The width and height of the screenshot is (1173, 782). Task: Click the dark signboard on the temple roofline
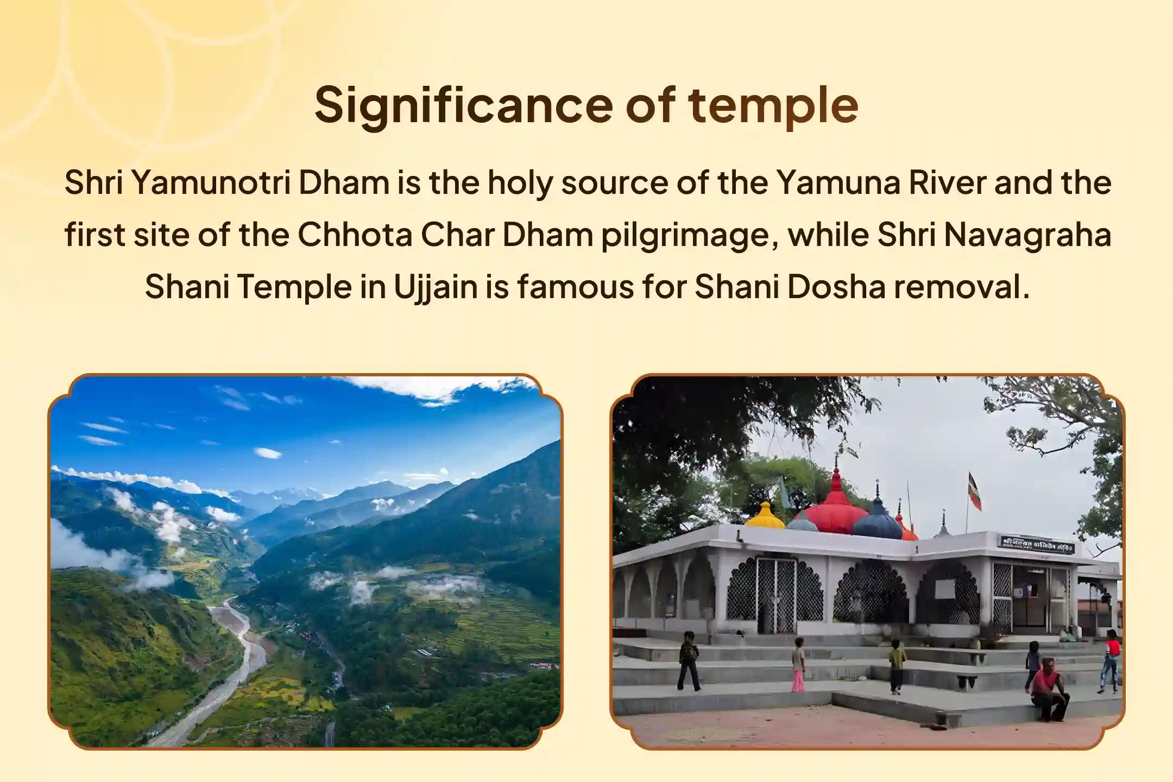point(1036,544)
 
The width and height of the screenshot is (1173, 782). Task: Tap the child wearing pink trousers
point(798,665)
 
